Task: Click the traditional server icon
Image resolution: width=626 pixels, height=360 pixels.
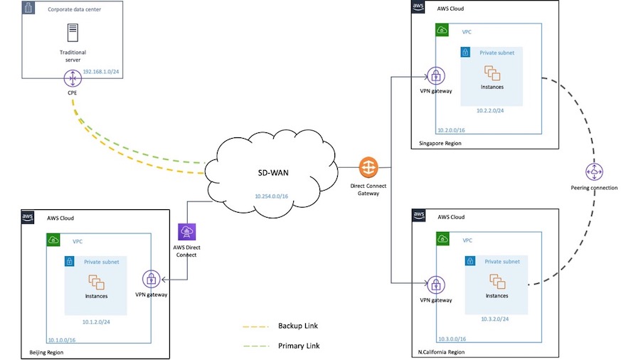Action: [73, 33]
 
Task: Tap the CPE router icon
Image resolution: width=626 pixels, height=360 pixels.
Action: [73, 78]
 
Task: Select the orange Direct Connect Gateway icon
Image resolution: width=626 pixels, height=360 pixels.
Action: [368, 167]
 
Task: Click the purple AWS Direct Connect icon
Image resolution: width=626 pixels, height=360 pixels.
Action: [187, 232]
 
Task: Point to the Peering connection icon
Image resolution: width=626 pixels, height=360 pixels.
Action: [594, 172]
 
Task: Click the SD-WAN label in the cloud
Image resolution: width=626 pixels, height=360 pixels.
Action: [273, 173]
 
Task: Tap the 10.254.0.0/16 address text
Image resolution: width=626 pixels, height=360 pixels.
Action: [272, 196]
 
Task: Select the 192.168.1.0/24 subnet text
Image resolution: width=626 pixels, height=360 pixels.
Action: [101, 72]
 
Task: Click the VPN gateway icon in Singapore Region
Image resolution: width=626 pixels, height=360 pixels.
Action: [436, 76]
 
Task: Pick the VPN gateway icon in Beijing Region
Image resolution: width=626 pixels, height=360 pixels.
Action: [152, 280]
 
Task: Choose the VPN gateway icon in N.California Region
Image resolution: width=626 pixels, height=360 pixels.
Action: [436, 285]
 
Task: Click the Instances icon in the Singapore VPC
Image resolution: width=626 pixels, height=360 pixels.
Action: [492, 73]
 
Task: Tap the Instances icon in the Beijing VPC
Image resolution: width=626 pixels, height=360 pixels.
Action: [96, 282]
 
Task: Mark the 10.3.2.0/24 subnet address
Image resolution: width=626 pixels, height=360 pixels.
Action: [494, 319]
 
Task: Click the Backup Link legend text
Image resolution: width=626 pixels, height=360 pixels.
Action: [298, 326]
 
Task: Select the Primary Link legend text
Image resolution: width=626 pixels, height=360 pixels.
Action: [299, 346]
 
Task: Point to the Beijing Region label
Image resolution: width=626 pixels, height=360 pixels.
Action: [46, 353]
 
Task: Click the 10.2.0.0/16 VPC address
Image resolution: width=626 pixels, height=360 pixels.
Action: [451, 130]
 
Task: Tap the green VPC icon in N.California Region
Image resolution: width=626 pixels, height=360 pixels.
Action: [442, 238]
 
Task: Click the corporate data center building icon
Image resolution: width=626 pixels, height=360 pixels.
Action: [28, 8]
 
